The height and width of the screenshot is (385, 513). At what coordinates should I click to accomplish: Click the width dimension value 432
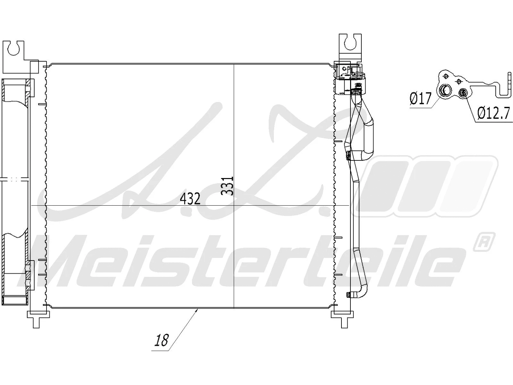190,199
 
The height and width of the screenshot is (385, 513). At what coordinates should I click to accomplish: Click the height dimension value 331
228,186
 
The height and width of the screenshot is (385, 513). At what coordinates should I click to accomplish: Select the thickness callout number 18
161,340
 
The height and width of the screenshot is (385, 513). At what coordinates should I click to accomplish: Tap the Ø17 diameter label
421,98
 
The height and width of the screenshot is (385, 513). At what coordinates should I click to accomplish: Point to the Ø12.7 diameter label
493,113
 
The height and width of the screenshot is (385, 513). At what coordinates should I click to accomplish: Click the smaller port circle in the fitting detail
463,93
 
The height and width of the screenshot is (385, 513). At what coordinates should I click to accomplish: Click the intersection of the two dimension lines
234,205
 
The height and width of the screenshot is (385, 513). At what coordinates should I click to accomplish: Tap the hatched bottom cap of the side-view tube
14,301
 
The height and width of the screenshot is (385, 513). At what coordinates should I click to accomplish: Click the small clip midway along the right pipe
348,157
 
